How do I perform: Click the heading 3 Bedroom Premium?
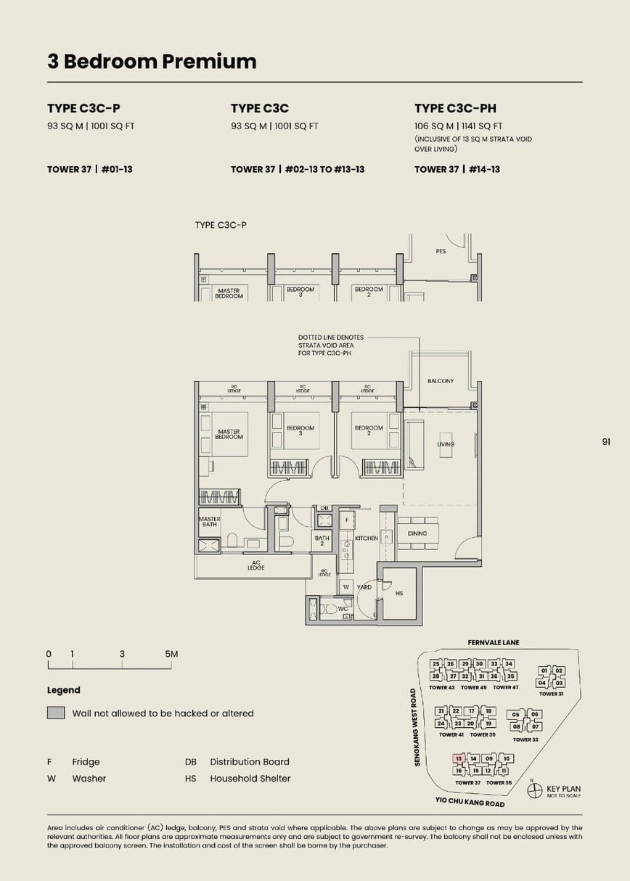click(152, 62)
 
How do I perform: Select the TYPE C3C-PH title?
click(455, 108)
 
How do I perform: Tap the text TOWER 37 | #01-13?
click(90, 169)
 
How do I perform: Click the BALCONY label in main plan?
click(440, 381)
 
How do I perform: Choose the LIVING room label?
click(445, 444)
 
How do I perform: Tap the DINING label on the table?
click(417, 533)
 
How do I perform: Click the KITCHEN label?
click(367, 538)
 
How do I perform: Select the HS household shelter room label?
click(398, 594)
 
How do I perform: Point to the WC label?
click(343, 608)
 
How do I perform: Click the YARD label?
click(364, 586)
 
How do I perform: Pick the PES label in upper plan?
click(441, 251)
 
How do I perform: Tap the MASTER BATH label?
click(209, 522)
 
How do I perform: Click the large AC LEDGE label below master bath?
click(255, 565)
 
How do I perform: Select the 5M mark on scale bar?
click(171, 654)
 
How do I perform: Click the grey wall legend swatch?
click(56, 713)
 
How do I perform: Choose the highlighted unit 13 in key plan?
click(458, 758)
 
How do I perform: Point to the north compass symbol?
click(535, 790)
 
